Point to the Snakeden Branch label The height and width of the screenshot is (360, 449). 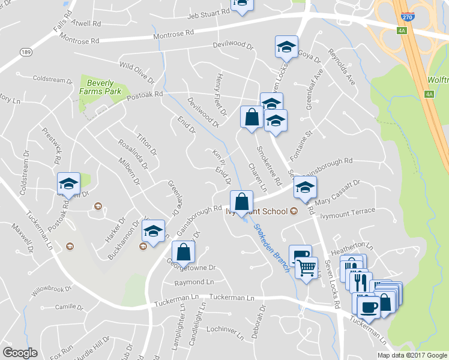(x=270, y=247)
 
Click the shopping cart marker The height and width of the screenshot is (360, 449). (x=306, y=268)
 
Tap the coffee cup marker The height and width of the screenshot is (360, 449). (x=367, y=307)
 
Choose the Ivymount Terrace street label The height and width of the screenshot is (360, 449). (x=348, y=214)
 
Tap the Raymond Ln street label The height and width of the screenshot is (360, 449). (x=194, y=282)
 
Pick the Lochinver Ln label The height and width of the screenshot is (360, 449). (x=223, y=329)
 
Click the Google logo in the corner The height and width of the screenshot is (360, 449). (x=20, y=353)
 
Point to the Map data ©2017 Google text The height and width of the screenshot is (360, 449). (x=412, y=355)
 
